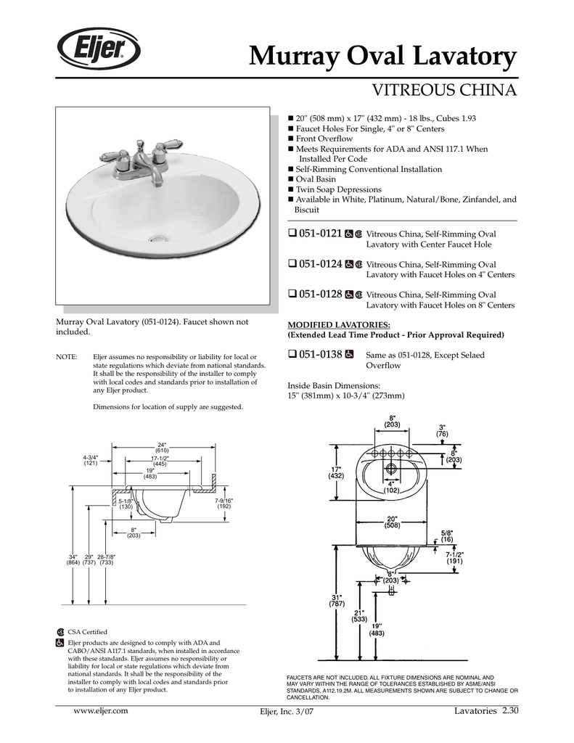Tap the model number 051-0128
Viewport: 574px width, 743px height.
[320, 295]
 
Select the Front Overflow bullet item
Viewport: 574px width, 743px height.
[323, 139]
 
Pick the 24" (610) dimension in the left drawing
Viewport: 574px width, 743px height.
[162, 448]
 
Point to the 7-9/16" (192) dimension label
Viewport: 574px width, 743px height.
[224, 504]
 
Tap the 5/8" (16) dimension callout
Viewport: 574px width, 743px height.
[446, 535]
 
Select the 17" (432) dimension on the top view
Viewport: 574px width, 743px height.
[335, 472]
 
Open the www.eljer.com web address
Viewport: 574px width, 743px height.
[102, 710]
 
